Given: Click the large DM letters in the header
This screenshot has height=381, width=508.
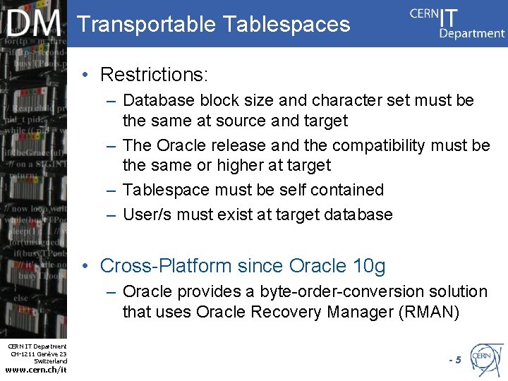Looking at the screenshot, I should pyautogui.click(x=34, y=24).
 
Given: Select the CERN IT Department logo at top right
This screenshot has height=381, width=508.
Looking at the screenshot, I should pyautogui.click(x=457, y=23).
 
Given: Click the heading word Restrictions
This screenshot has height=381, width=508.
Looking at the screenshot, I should pyautogui.click(x=153, y=74).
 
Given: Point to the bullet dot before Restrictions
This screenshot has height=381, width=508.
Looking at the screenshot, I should pyautogui.click(x=85, y=74).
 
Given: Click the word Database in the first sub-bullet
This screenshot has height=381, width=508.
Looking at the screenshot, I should pyautogui.click(x=159, y=101).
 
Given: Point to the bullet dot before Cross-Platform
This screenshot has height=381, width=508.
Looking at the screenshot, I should pyautogui.click(x=85, y=266).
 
